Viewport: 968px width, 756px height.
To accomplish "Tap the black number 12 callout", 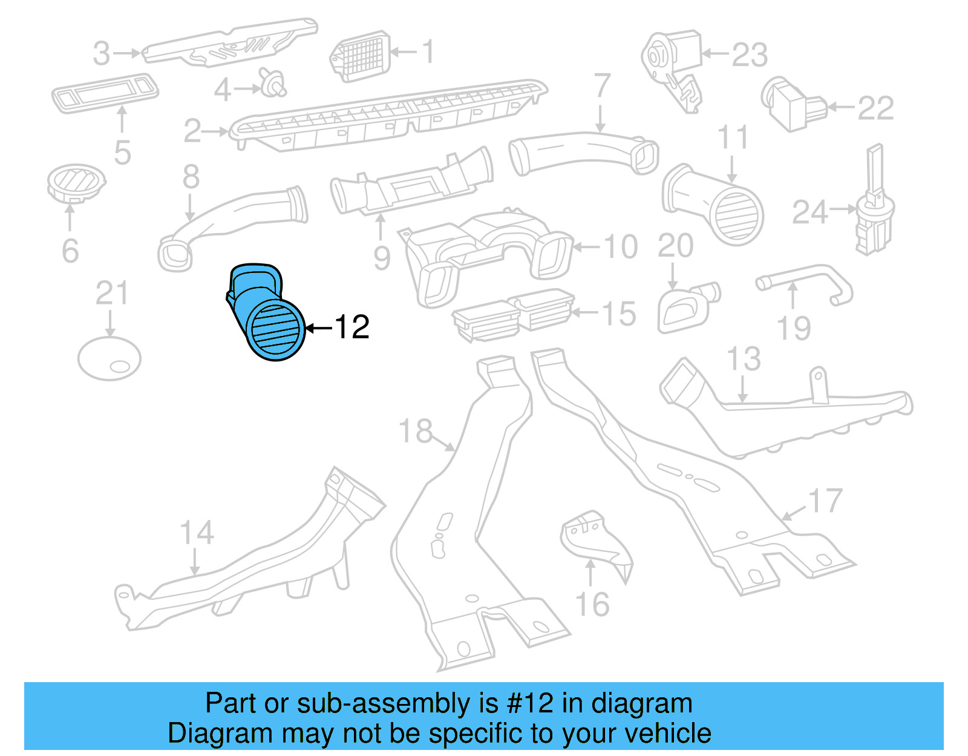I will click(352, 327).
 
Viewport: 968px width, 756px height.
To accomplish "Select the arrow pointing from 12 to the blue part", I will click(319, 329).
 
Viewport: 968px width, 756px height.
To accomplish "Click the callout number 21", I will click(112, 294).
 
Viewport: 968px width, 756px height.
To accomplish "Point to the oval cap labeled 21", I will click(110, 358).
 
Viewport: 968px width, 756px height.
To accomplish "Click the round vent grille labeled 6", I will click(76, 182).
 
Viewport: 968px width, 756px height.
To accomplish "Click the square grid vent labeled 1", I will click(361, 56).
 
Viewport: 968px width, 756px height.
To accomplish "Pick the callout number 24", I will click(810, 212).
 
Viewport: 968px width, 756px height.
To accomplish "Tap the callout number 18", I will click(416, 432).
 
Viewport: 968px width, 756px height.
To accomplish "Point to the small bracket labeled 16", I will click(596, 542).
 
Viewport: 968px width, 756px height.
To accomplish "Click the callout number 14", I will click(197, 533).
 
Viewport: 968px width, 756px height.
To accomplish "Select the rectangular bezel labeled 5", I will click(105, 93).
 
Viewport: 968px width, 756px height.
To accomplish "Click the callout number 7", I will click(602, 86).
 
